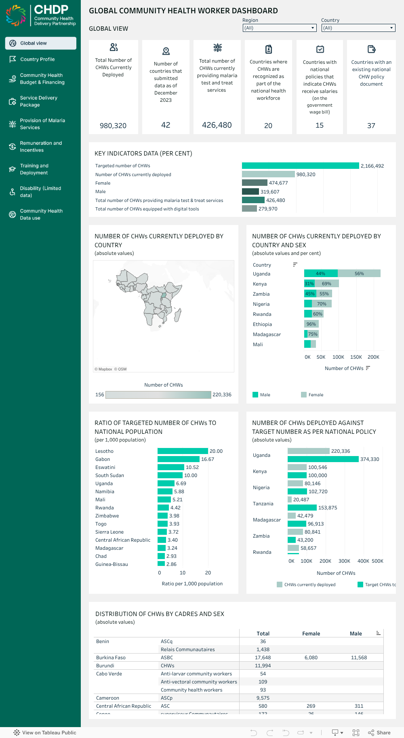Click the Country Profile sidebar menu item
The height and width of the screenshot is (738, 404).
click(37, 59)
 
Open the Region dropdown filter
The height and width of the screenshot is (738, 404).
click(279, 28)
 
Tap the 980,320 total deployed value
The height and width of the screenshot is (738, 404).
click(113, 126)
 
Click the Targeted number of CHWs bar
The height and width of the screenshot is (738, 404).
click(300, 166)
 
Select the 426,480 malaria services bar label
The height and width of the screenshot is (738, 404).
click(276, 200)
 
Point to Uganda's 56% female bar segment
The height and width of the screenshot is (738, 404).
click(359, 273)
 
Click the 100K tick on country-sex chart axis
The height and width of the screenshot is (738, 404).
click(338, 357)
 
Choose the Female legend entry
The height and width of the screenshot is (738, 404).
click(316, 395)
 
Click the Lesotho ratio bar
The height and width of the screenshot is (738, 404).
click(183, 451)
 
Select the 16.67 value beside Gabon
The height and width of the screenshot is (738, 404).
click(208, 459)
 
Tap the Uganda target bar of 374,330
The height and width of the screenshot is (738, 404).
click(323, 459)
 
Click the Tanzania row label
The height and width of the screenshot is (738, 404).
click(263, 504)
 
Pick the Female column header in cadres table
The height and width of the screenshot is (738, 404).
click(311, 634)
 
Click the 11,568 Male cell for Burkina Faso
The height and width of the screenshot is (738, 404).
click(359, 658)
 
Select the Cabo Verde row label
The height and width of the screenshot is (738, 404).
click(109, 674)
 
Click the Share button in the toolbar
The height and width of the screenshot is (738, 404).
click(379, 733)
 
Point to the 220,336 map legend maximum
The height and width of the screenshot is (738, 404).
click(222, 395)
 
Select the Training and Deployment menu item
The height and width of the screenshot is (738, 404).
click(34, 169)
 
